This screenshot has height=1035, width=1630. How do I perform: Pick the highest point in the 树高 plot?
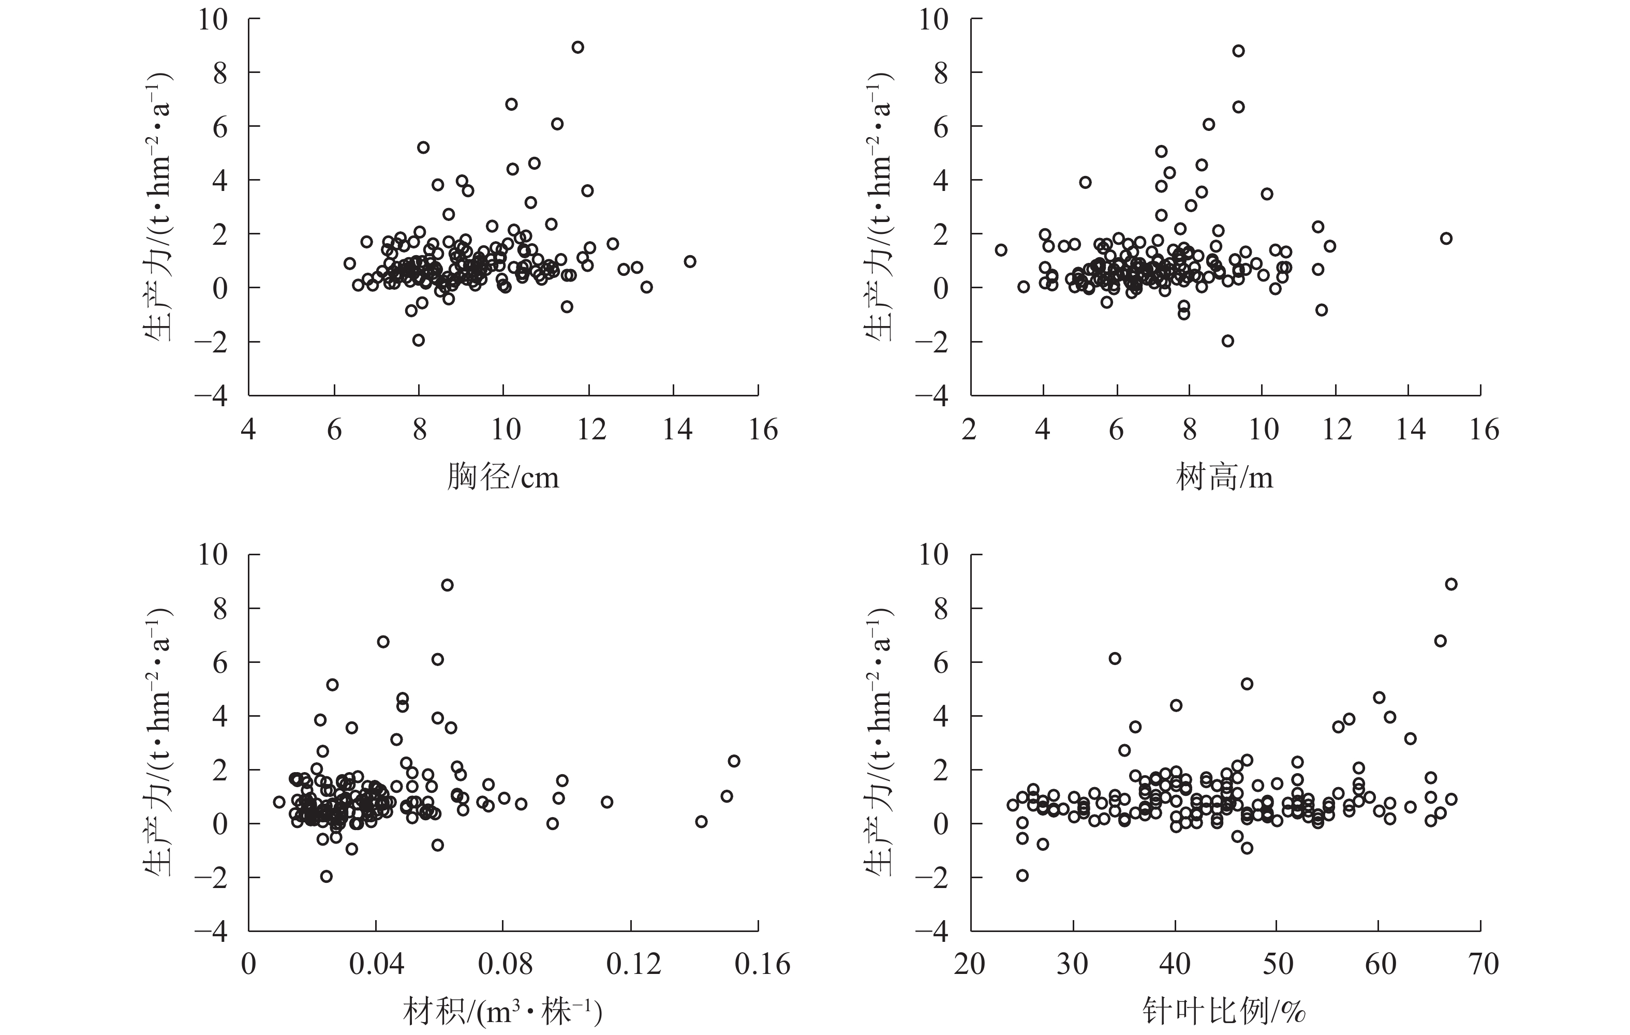(1238, 51)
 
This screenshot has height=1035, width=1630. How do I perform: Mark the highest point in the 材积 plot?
(447, 585)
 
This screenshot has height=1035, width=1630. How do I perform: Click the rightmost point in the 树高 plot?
(1446, 238)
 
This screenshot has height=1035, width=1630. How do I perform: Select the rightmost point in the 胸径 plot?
(690, 261)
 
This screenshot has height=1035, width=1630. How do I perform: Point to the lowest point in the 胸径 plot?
(418, 340)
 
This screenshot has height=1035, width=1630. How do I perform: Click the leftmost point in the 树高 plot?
(1001, 250)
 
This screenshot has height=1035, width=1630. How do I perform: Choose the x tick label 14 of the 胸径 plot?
(677, 430)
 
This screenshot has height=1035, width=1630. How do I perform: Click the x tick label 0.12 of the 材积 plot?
(633, 964)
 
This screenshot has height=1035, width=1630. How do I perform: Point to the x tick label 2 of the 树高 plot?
(969, 430)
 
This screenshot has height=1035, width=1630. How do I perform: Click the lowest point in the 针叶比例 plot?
(1022, 875)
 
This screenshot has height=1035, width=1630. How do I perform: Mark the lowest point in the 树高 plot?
(1227, 341)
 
